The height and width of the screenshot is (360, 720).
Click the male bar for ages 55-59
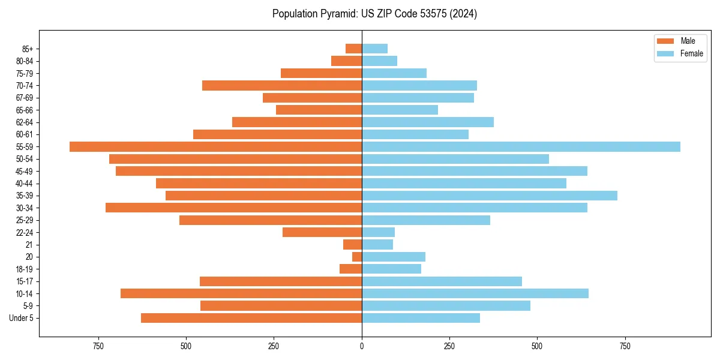[x=215, y=146]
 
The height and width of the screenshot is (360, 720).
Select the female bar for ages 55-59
[x=521, y=146]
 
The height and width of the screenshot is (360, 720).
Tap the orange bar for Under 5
[x=251, y=318]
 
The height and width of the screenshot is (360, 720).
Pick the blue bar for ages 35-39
[x=490, y=196]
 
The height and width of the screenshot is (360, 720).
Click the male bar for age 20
[x=357, y=257]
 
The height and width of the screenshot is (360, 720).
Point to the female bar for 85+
[x=374, y=49]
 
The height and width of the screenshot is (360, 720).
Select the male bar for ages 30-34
[x=233, y=208]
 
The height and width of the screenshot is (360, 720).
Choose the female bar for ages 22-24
[x=378, y=232]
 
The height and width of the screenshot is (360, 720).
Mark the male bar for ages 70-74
[x=282, y=85]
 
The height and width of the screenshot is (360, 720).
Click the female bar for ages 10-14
[x=475, y=293]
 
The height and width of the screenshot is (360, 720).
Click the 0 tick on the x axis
[x=362, y=347]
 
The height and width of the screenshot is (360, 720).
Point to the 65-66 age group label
[x=25, y=110]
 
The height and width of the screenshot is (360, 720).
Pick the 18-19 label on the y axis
[x=25, y=269]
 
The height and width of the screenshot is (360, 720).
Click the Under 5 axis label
[x=22, y=318]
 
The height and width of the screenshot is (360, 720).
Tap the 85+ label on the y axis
[x=28, y=49]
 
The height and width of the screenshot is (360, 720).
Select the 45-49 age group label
[x=25, y=171]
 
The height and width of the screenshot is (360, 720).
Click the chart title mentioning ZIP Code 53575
[x=374, y=14]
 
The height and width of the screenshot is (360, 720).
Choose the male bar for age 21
[x=352, y=244]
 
